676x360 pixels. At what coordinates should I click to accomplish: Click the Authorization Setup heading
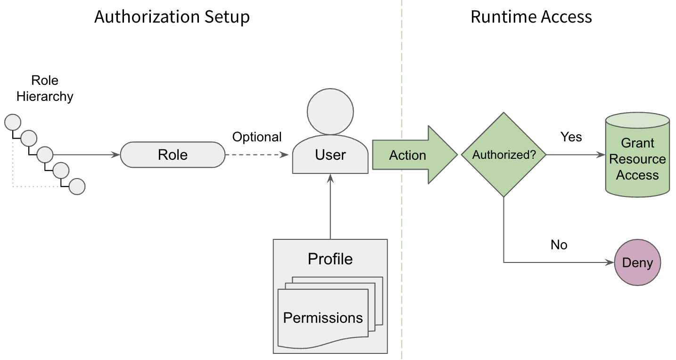click(172, 17)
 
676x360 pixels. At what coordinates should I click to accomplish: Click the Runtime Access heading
click(531, 17)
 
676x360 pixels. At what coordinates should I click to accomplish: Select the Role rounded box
click(173, 155)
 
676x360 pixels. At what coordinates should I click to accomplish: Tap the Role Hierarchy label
click(45, 88)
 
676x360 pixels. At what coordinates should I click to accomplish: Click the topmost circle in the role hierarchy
click(13, 123)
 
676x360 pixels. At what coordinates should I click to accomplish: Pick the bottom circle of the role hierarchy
click(77, 187)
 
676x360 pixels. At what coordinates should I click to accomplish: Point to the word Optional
click(257, 137)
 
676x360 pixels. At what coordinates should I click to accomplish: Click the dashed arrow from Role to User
click(257, 155)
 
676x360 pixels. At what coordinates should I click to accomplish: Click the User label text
click(330, 155)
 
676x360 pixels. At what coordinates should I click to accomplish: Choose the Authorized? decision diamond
click(503, 155)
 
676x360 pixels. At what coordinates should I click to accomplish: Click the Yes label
click(571, 137)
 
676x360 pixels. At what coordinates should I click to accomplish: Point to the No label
click(559, 245)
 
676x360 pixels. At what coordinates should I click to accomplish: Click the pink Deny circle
click(637, 262)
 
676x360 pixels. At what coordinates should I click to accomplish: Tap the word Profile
click(330, 259)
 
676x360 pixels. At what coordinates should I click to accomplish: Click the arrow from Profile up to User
click(330, 207)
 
